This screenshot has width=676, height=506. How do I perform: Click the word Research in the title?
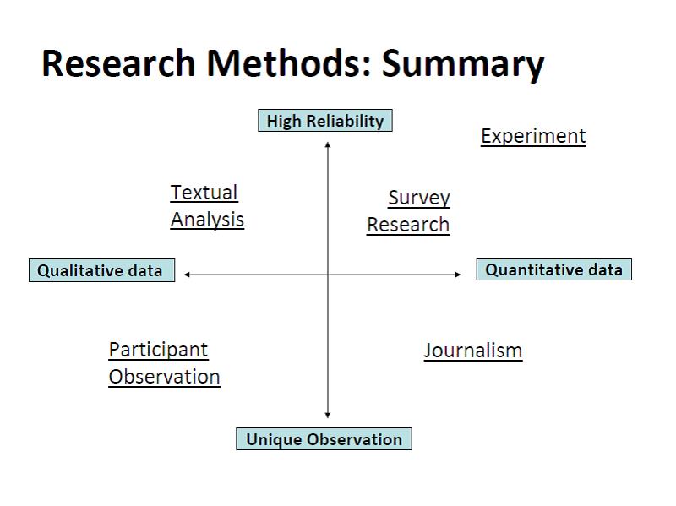click(x=119, y=63)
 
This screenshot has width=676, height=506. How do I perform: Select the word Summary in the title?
click(x=463, y=63)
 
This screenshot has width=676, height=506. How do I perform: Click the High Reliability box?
click(x=325, y=121)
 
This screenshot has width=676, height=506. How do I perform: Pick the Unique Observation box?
click(x=324, y=439)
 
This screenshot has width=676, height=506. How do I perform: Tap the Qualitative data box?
click(x=101, y=271)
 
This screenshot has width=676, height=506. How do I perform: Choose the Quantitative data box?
click(x=553, y=270)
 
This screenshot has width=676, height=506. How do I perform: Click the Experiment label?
click(x=533, y=136)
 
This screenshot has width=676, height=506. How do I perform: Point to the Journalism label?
click(x=473, y=351)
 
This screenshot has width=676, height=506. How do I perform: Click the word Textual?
click(x=204, y=193)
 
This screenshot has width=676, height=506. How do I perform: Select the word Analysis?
click(x=207, y=220)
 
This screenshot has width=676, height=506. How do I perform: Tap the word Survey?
click(x=419, y=198)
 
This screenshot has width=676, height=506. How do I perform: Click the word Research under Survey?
click(x=408, y=225)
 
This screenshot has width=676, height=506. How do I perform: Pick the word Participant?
click(x=158, y=350)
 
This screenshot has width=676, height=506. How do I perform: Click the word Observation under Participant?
click(x=165, y=377)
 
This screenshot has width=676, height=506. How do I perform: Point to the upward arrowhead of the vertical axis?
click(x=328, y=145)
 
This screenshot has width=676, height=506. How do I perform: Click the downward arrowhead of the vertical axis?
click(x=328, y=415)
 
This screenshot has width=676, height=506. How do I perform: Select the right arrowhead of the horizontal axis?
click(x=458, y=274)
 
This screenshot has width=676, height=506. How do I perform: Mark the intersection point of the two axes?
click(x=328, y=274)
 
